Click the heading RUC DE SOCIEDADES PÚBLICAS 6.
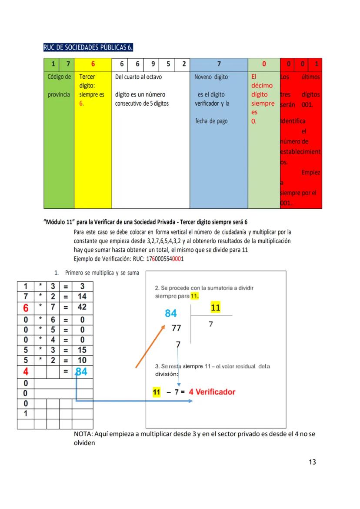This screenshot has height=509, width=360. tap(88, 47)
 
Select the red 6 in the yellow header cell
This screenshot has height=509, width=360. tap(93, 64)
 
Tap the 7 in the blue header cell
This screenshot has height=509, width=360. tap(219, 64)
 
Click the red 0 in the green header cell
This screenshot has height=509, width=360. tap(263, 64)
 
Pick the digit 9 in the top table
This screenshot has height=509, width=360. tap(153, 64)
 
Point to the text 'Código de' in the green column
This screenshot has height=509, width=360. tap(59, 77)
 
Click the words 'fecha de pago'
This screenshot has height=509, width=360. tap(211, 121)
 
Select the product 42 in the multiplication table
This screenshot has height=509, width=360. tap(82, 307)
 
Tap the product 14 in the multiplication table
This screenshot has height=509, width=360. tap(82, 297)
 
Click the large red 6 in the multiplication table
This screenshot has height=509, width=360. tap(26, 308)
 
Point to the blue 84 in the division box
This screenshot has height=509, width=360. tap(170, 313)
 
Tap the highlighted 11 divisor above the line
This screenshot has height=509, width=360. tap(215, 308)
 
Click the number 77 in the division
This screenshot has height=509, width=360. tap(176, 328)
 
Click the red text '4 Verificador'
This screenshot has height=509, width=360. tap(212, 392)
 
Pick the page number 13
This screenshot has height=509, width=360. tap(312, 462)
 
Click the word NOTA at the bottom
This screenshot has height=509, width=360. tap(83, 434)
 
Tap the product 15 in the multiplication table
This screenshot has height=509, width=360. tap(82, 350)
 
